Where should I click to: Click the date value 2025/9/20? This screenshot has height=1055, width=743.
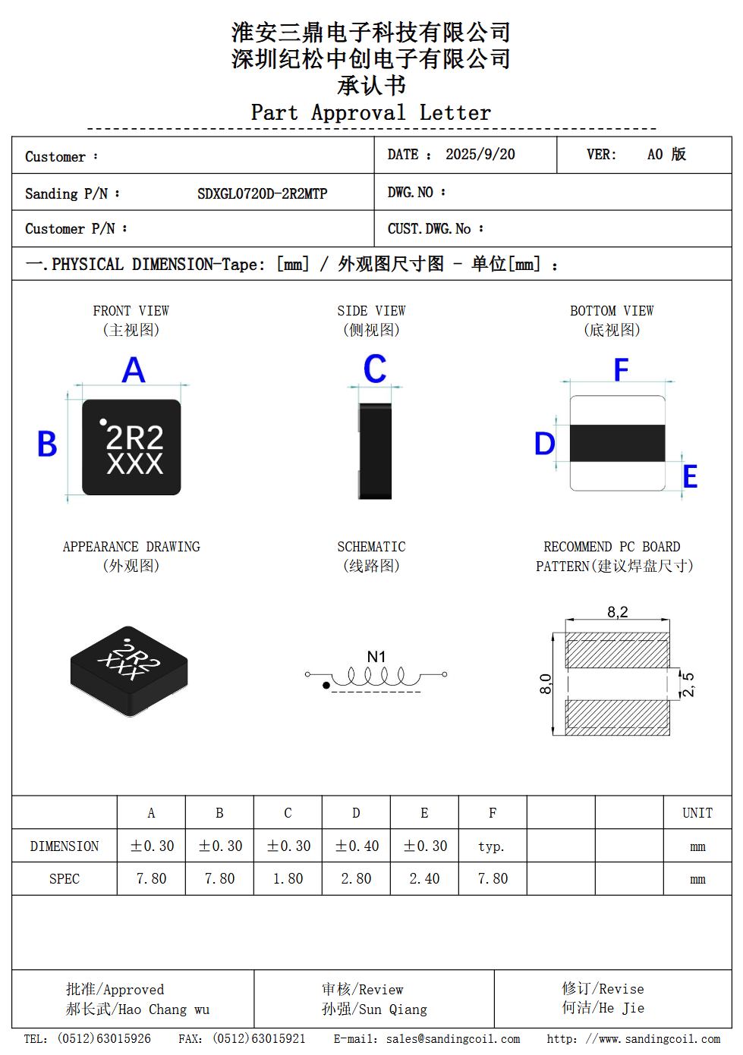[480, 155]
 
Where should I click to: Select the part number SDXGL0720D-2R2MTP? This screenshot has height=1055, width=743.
[262, 193]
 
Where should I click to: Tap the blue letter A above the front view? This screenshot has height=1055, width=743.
[134, 370]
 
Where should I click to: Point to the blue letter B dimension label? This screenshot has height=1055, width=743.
[47, 444]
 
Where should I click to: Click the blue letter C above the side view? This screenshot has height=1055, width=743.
[375, 369]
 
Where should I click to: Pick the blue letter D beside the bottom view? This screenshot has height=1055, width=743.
[544, 444]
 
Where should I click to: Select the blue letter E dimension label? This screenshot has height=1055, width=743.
[690, 476]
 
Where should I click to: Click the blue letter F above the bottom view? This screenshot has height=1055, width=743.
[621, 370]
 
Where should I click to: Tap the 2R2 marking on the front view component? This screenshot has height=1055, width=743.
[134, 438]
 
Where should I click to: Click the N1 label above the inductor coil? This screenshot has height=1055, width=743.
[376, 656]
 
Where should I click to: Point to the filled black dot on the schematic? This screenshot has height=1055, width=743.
[326, 686]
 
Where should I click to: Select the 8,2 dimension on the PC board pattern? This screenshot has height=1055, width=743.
[618, 612]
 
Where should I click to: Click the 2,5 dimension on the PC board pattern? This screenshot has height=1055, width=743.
[687, 684]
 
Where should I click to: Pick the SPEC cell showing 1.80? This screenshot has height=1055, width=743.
[288, 878]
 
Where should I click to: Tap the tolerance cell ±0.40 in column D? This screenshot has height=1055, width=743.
[356, 846]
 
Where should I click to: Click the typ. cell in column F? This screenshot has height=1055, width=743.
[491, 846]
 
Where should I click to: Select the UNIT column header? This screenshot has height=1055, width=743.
[697, 813]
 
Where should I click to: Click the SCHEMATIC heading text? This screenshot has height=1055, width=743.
[371, 547]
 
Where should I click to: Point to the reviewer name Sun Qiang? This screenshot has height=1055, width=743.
[392, 1009]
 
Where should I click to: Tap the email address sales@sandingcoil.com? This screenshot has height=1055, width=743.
[452, 1039]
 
